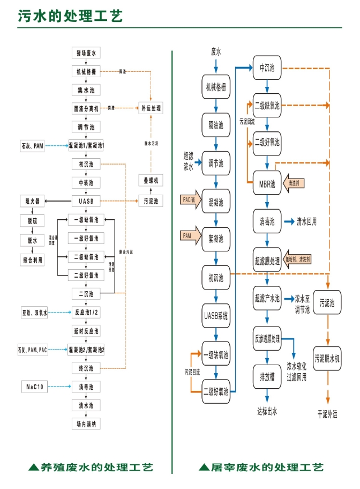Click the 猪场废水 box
click(x=86, y=53)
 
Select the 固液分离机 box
click(x=86, y=108)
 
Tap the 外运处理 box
click(x=151, y=108)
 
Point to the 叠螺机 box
click(x=151, y=181)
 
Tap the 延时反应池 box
click(x=86, y=330)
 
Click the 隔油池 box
click(x=216, y=125)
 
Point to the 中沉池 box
click(x=267, y=68)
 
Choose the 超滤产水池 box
click(x=267, y=298)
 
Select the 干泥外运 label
click(x=327, y=414)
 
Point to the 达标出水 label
click(x=267, y=411)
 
